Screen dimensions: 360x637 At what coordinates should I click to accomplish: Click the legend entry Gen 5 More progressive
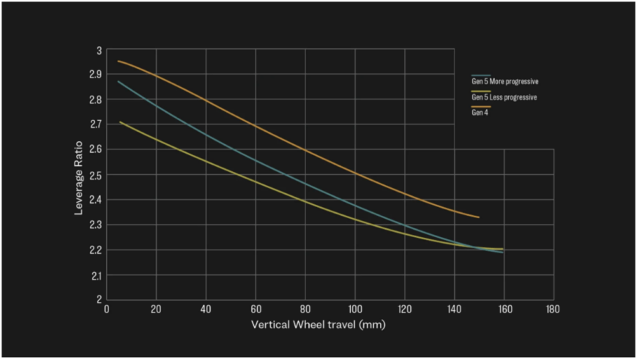point(505,81)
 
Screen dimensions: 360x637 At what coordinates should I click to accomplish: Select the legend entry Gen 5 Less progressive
point(504,97)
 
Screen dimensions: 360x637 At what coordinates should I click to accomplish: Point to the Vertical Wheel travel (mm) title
point(318,324)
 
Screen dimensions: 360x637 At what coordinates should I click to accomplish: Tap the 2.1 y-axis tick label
point(95,275)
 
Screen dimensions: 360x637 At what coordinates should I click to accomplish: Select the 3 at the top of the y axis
point(99,50)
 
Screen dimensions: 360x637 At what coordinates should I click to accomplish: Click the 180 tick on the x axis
point(553,309)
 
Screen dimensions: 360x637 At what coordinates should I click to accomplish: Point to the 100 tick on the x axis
point(354,309)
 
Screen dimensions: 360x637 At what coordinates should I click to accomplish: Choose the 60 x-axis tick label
point(256,309)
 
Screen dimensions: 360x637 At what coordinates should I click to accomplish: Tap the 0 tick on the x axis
point(107,309)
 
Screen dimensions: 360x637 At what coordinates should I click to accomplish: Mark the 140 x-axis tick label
point(454,309)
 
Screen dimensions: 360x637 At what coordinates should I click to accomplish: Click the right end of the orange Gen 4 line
point(479,217)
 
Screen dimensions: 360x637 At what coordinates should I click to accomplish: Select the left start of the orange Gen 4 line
point(119,61)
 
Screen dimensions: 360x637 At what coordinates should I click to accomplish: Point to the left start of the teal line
point(119,81)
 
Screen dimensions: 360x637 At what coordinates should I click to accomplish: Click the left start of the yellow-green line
point(119,122)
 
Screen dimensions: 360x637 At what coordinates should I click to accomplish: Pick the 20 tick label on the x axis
point(156,309)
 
